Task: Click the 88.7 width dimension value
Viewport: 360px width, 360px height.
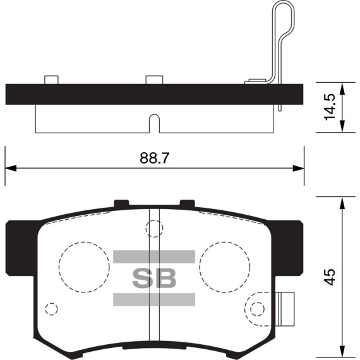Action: coord(155,158)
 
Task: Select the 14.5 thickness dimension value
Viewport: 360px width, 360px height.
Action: coord(329,107)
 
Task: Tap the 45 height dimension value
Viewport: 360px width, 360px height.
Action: coord(329,277)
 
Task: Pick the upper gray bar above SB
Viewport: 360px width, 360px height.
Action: coord(153,256)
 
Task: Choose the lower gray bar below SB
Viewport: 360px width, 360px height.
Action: coord(153,300)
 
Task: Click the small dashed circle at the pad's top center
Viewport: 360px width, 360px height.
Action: coord(154,228)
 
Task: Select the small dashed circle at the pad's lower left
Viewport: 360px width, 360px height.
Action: coord(52,309)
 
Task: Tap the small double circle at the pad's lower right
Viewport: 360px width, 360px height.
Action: coord(256,309)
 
